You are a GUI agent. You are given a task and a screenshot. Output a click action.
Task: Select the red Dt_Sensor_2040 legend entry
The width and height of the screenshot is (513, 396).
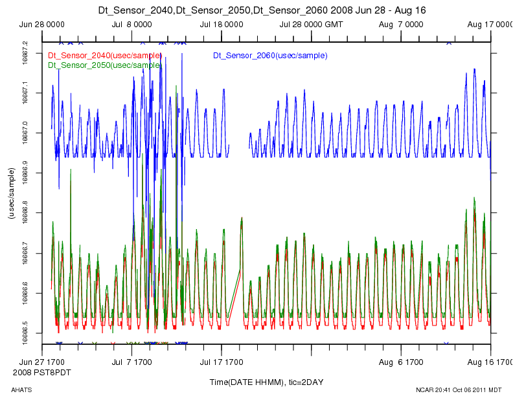(x=104, y=56)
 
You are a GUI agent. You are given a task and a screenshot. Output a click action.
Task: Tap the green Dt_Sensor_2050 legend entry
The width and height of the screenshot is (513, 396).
(x=104, y=65)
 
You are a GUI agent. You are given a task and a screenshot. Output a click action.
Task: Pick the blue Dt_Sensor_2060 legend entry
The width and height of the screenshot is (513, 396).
(x=270, y=56)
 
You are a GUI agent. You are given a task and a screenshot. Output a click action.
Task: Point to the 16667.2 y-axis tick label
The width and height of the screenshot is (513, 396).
(x=25, y=52)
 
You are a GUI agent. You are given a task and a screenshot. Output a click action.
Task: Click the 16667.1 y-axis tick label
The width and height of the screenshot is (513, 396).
(x=25, y=93)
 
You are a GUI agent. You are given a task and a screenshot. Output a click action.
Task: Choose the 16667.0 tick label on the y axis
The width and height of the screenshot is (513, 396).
(x=25, y=133)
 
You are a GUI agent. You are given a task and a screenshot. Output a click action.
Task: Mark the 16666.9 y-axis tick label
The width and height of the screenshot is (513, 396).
(x=25, y=173)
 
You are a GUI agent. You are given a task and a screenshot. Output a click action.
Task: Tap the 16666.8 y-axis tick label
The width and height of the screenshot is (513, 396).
(x=25, y=213)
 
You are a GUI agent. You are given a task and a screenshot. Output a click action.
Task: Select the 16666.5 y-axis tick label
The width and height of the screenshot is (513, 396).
(x=25, y=333)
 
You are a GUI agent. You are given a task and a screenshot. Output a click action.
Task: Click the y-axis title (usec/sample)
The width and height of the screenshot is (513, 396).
(x=11, y=193)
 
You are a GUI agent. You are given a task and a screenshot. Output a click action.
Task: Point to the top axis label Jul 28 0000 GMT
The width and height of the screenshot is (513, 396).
(x=312, y=25)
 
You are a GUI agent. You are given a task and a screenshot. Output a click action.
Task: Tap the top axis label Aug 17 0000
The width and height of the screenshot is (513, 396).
(x=490, y=25)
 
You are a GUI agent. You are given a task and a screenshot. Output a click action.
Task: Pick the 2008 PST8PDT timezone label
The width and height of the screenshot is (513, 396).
(x=42, y=373)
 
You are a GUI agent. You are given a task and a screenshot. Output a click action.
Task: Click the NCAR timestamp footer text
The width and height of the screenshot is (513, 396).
(x=459, y=390)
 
